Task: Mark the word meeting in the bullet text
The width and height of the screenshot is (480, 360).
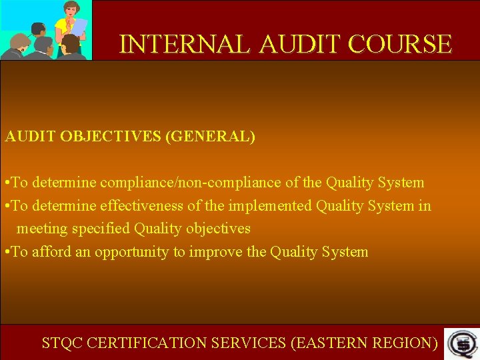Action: click(x=41, y=229)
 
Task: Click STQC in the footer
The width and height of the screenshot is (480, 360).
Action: click(x=62, y=343)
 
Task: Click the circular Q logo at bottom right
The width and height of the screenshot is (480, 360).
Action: click(x=460, y=343)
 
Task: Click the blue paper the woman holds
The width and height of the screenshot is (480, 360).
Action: click(x=79, y=27)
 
